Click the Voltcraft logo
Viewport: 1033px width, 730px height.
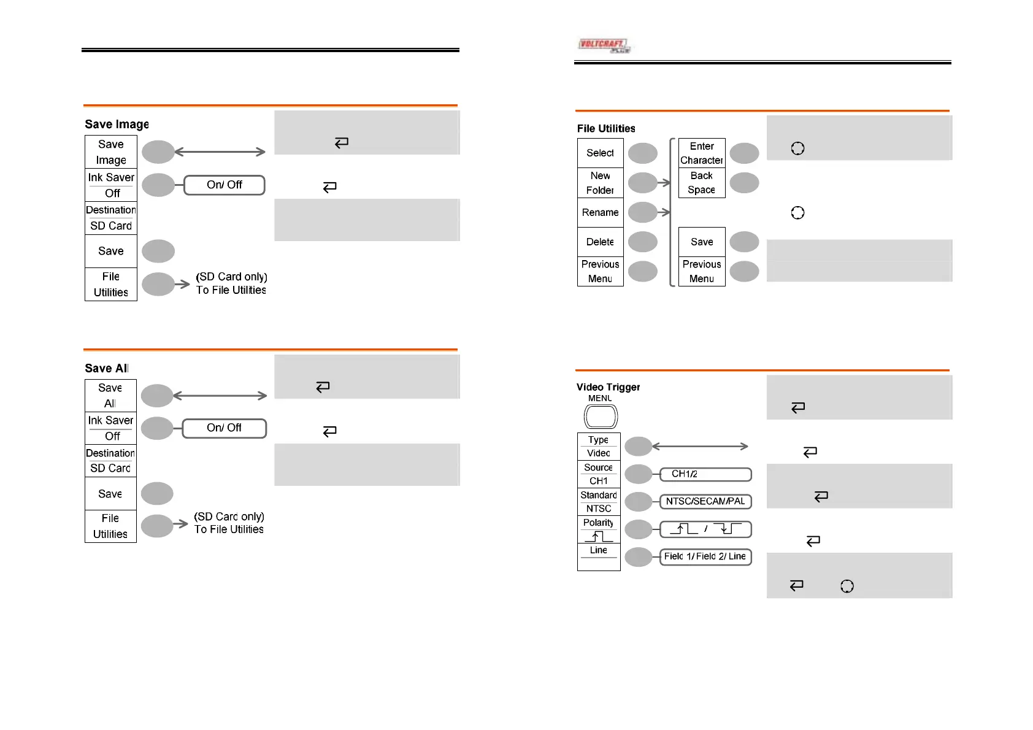[604, 45]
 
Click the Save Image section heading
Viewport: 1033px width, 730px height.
[117, 125]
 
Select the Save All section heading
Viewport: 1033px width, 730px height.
[107, 368]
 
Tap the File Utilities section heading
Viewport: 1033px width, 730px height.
[606, 128]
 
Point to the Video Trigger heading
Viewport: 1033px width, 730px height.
[608, 387]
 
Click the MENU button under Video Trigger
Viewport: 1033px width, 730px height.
[601, 417]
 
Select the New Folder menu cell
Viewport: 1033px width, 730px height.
[601, 183]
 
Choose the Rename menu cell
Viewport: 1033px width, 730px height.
[601, 212]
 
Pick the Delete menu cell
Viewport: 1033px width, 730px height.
[601, 242]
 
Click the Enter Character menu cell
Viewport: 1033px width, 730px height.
[702, 153]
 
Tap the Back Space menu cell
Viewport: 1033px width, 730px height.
[702, 183]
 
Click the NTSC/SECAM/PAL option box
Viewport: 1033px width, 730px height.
[705, 501]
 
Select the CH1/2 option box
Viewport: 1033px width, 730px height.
[705, 474]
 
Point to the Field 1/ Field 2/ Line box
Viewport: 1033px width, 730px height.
[705, 556]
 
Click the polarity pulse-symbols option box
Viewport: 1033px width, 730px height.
[705, 529]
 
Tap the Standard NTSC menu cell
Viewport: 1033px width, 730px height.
[599, 502]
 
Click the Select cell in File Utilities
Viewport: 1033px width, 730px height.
[601, 153]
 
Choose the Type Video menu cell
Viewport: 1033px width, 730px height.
[599, 447]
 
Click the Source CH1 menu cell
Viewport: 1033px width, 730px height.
[599, 474]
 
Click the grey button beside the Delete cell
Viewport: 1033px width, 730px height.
[643, 242]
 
